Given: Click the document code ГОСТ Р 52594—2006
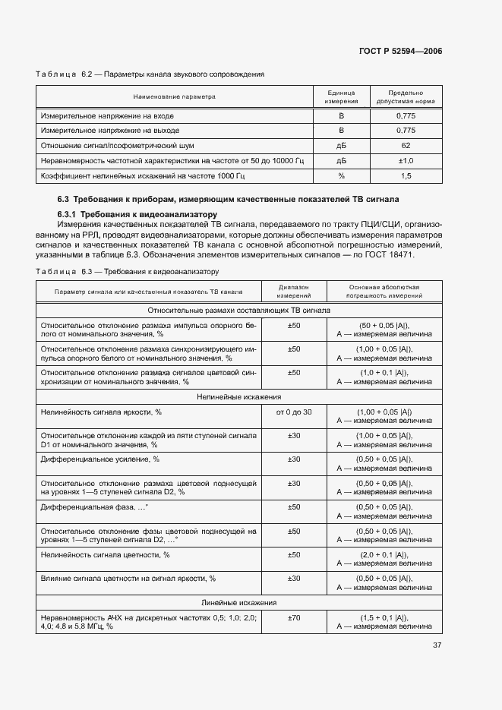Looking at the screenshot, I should (400, 52).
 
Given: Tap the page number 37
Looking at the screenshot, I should (437, 645).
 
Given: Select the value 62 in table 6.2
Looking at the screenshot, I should (406, 144).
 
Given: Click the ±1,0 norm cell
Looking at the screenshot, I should (406, 160).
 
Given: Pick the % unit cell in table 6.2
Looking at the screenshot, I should (341, 176).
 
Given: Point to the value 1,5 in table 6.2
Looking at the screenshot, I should (406, 176).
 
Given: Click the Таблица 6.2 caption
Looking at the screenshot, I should (150, 74).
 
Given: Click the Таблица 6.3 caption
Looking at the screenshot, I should (127, 271).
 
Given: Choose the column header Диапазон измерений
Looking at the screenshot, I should (294, 292).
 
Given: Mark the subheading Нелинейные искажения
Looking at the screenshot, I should (238, 396).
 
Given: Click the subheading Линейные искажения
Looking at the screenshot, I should (238, 602).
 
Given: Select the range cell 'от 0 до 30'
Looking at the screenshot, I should (294, 412).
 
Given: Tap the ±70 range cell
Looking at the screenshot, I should (294, 618).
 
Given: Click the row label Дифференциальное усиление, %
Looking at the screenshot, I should (99, 459).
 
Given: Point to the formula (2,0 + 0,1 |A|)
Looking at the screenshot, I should (384, 555).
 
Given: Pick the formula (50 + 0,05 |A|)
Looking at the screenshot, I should (384, 325).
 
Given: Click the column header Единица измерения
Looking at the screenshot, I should (341, 96).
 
